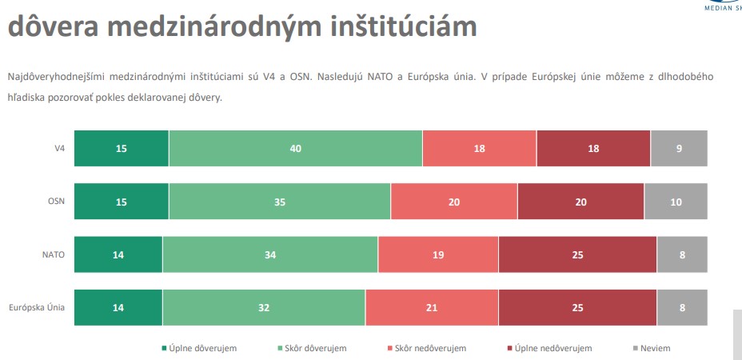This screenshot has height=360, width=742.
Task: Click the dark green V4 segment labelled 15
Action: pos(122,148)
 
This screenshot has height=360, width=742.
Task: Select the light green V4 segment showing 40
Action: pos(295,148)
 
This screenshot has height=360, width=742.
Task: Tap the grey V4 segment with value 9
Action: pos(679,148)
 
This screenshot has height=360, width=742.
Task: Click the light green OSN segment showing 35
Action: pos(279,202)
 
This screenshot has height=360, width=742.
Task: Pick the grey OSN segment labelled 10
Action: pos(676,202)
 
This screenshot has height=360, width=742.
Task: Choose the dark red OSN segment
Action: pos(580,202)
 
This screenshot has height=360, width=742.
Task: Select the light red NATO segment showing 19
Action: pos(438,255)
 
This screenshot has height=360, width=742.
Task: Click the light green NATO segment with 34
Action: pos(270,255)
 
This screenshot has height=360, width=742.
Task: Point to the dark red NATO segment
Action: pos(577,255)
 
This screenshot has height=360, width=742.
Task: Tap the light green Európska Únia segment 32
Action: pos(264,307)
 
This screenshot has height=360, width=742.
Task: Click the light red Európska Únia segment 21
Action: pos(432,307)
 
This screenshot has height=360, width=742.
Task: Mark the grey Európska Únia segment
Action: pos(682,307)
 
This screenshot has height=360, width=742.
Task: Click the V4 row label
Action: pos(59,148)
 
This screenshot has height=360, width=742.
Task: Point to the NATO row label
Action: pos(53,255)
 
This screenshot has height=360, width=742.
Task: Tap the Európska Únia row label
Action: pos(37,307)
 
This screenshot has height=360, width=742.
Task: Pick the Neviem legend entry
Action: pos(655,348)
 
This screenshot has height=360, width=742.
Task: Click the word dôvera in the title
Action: pos(52,26)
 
